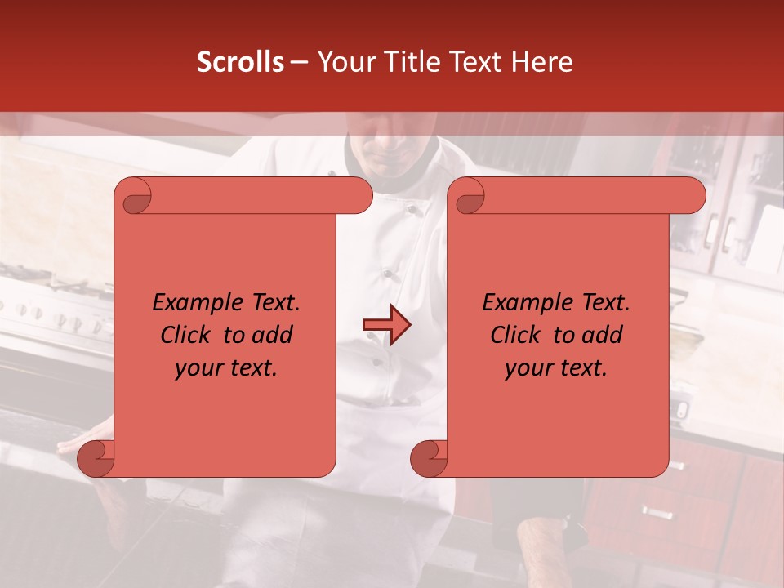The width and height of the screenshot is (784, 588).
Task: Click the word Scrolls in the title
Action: coord(240,62)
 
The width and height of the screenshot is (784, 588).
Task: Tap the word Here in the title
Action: coord(541,62)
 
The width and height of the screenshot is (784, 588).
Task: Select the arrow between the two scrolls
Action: coord(386,325)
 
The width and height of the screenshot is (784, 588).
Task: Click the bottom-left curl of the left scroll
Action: coord(96,458)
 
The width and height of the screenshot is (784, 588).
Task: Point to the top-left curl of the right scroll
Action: coord(469,196)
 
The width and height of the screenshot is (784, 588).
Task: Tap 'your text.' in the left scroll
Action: coord(226,368)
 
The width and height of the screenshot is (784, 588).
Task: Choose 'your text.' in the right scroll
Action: coord(556,368)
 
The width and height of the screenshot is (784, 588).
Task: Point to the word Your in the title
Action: coord(343,62)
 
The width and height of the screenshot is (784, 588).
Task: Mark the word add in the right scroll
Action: coord(601,335)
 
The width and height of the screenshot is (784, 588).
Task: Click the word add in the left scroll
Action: coord(271,335)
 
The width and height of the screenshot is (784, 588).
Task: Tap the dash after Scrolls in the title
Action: coord(299,62)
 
